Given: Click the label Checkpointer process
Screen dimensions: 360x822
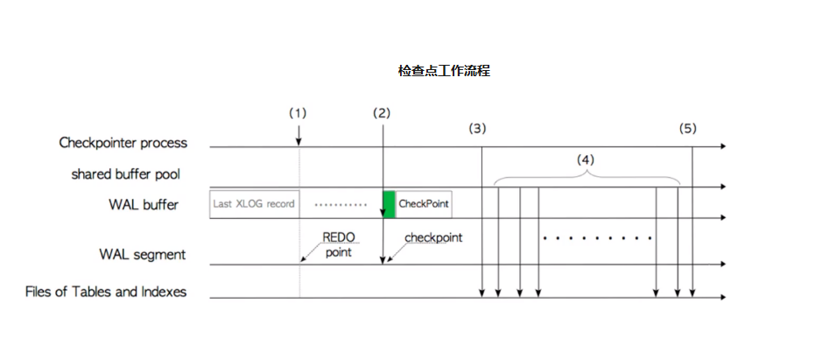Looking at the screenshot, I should [123, 142].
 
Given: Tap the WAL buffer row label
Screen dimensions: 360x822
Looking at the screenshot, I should [144, 205].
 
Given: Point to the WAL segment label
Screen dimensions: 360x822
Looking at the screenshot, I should [142, 255].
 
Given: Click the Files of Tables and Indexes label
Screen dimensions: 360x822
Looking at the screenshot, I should [106, 292].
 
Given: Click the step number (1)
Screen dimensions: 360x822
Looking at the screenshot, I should [299, 113].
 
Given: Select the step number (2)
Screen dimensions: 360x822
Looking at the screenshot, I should [382, 113].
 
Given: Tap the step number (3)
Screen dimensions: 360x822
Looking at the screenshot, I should [477, 129].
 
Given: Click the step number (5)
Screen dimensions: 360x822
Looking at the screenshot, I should [688, 129].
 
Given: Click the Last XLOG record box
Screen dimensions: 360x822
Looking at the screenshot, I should [254, 204].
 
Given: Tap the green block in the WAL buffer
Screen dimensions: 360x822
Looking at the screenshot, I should [389, 204].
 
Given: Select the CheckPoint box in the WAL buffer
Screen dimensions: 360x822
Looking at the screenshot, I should [424, 204].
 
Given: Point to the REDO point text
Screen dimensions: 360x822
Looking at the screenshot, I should [338, 244].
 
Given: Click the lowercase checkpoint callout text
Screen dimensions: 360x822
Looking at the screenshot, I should [433, 237].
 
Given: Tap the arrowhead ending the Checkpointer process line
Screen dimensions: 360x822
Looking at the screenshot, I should [722, 147].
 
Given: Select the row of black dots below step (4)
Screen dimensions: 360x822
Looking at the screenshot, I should [597, 237].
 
